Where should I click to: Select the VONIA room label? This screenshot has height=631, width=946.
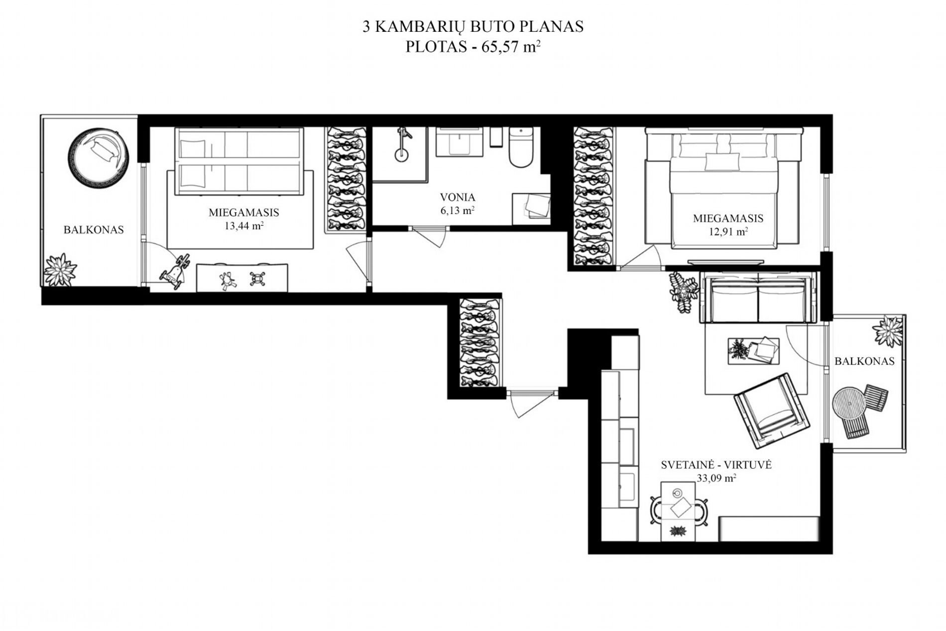point(458,197)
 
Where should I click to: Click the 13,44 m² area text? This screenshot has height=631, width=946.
point(244,226)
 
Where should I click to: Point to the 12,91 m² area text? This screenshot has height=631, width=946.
point(728,232)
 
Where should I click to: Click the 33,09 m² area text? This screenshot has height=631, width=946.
point(716,478)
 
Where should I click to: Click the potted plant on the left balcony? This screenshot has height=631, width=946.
point(60,269)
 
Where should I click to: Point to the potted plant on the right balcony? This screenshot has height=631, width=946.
point(888,331)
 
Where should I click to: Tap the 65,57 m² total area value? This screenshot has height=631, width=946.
point(511,47)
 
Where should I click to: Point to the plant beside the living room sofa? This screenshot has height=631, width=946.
point(683,291)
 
